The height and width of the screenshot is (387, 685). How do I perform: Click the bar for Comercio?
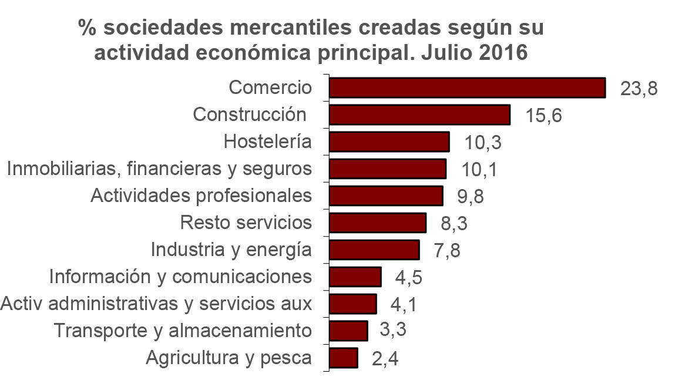pyautogui.click(x=467, y=88)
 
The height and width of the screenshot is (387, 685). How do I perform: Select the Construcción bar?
pyautogui.click(x=419, y=115)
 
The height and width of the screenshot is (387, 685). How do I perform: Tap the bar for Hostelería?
pyautogui.click(x=389, y=142)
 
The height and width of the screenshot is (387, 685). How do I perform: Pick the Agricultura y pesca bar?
pyautogui.click(x=343, y=358)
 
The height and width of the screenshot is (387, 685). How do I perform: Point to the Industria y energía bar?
pyautogui.click(x=374, y=250)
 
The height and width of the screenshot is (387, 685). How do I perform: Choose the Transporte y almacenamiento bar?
pyautogui.click(x=348, y=331)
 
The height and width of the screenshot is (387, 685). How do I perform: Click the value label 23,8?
pyautogui.click(x=638, y=89)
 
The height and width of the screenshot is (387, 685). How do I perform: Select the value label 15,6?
pyautogui.click(x=543, y=116)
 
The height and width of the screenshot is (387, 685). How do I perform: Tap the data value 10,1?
pyautogui.click(x=479, y=170)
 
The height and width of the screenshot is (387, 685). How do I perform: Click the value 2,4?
pyautogui.click(x=385, y=359)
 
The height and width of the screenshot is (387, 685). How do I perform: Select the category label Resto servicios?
pyautogui.click(x=246, y=223)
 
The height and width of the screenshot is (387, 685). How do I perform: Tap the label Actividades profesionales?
pyautogui.click(x=201, y=196)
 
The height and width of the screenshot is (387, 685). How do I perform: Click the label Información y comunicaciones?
pyautogui.click(x=180, y=276)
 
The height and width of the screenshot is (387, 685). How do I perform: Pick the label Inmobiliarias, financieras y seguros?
pyautogui.click(x=159, y=169)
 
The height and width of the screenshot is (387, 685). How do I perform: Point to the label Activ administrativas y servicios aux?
pyautogui.click(x=156, y=304)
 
